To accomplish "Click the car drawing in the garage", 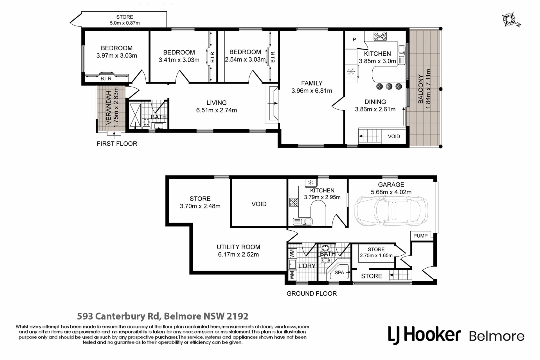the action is pyautogui.click(x=391, y=211).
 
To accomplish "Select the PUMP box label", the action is pyautogui.click(x=420, y=236).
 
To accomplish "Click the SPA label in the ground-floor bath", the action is pyautogui.click(x=339, y=272).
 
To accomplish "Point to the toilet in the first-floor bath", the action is pyautogui.click(x=146, y=123).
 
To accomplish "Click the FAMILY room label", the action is pyautogui.click(x=312, y=83).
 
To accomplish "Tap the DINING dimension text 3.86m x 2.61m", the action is pyautogui.click(x=375, y=109).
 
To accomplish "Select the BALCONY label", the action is pyautogui.click(x=420, y=89).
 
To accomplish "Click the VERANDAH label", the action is pyautogui.click(x=109, y=108).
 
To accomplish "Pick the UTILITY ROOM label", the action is pyautogui.click(x=238, y=247).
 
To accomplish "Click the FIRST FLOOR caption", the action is pyautogui.click(x=117, y=144).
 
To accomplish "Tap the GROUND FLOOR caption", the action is pyautogui.click(x=312, y=294).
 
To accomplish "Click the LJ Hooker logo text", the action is pyautogui.click(x=424, y=335).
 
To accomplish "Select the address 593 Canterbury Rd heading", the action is pyautogui.click(x=163, y=316).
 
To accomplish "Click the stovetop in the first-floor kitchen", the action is pyautogui.click(x=380, y=36).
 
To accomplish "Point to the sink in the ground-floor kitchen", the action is pyautogui.click(x=302, y=222).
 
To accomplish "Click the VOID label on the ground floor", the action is pyautogui.click(x=259, y=204).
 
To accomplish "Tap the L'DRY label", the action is pyautogui.click(x=307, y=266).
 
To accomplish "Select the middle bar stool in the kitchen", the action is pyautogui.click(x=389, y=86).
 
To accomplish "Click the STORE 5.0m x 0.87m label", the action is pyautogui.click(x=125, y=20).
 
